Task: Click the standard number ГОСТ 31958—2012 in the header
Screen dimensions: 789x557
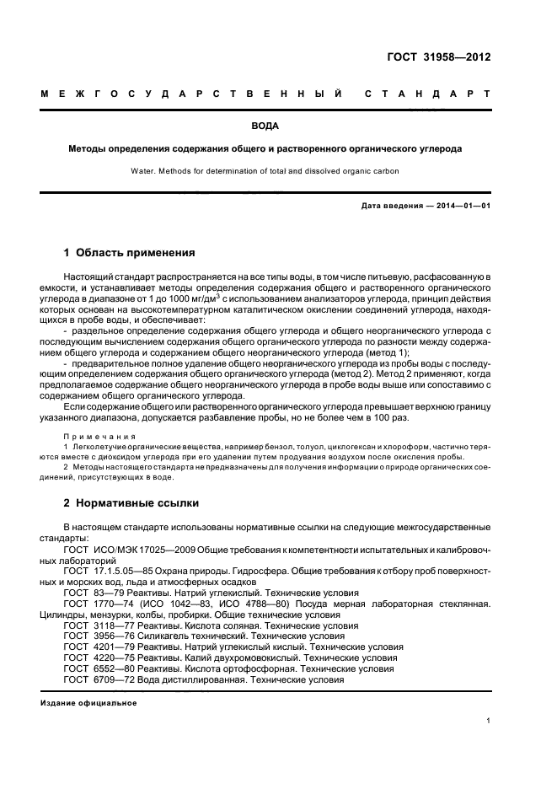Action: pyautogui.click(x=450, y=58)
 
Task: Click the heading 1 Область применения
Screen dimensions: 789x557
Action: pyautogui.click(x=130, y=252)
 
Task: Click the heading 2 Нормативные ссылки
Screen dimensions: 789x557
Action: pyautogui.click(x=131, y=503)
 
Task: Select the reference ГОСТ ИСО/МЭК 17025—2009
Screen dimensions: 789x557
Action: pyautogui.click(x=126, y=550)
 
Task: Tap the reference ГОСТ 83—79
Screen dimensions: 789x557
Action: pyautogui.click(x=92, y=593)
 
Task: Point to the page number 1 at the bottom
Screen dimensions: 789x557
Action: pyautogui.click(x=489, y=721)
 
